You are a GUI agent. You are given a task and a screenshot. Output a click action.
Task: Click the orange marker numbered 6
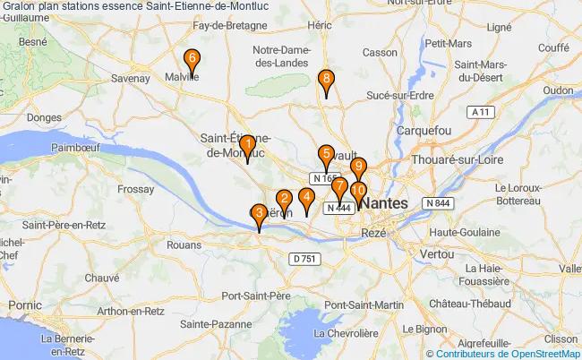191,61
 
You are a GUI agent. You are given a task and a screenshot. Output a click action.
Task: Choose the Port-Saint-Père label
257,296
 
